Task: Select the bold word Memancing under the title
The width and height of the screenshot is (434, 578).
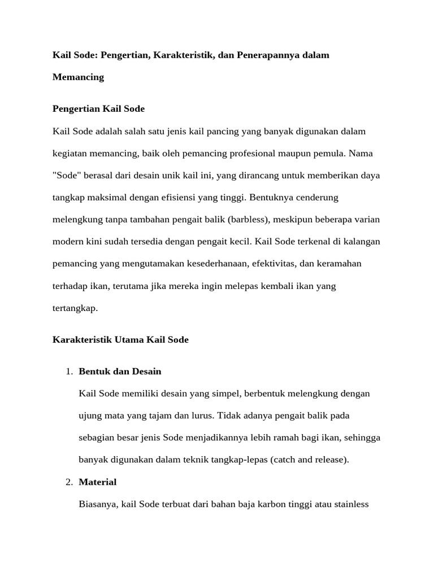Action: point(78,77)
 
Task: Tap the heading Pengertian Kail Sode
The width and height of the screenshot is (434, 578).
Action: point(98,108)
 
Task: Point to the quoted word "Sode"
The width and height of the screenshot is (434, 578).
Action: point(67,176)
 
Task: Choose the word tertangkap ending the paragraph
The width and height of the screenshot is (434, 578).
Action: point(75,308)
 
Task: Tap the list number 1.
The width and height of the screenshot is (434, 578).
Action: point(68,371)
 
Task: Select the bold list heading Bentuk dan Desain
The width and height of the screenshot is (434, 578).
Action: point(120,371)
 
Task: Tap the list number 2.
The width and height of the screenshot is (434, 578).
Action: point(68,482)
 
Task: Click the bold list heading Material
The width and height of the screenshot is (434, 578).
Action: point(98,482)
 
